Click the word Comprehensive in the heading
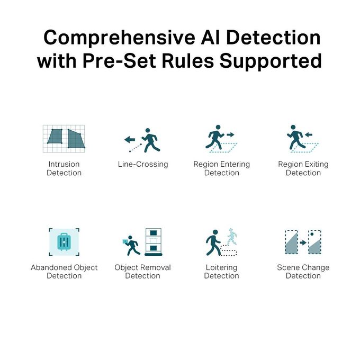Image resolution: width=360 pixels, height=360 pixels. click(119, 38)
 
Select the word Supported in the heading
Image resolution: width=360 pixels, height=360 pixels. click(271, 61)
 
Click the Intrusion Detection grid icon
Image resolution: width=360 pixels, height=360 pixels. click(64, 139)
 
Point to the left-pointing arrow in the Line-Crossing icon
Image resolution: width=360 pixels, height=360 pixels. click(130, 139)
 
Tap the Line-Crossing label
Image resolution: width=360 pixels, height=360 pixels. click(143, 164)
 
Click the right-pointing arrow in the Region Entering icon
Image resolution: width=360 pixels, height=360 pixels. click(230, 135)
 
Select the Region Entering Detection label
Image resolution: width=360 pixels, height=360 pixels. click(221, 168)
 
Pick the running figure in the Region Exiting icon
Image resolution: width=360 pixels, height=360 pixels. click(296, 137)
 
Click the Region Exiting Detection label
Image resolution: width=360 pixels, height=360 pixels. click(303, 168)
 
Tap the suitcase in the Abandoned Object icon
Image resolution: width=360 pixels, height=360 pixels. click(64, 242)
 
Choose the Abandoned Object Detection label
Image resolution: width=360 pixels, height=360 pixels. click(64, 272)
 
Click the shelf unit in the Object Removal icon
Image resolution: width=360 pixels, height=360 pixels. click(154, 242)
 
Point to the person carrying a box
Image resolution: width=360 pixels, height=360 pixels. click(131, 245)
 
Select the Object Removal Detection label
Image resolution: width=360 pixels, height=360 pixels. click(142, 272)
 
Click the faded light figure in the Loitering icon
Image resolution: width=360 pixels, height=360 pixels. click(232, 237)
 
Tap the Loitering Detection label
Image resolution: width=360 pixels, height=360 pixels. click(221, 272)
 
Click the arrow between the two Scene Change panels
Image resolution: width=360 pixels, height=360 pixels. click(303, 242)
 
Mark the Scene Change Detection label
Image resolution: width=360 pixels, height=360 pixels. click(303, 272)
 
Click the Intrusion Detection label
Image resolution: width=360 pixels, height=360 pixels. click(64, 168)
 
